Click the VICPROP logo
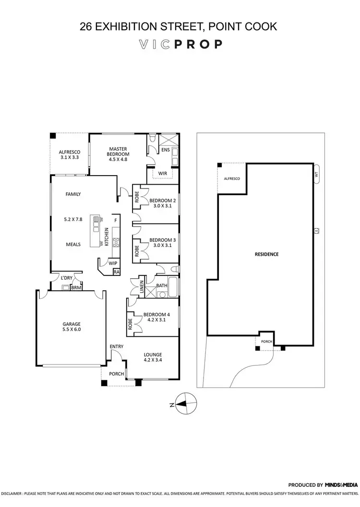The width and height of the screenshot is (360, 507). pyautogui.click(x=180, y=45)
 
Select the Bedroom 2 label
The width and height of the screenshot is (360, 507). pyautogui.click(x=159, y=200)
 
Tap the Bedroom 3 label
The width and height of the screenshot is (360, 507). pyautogui.click(x=159, y=240)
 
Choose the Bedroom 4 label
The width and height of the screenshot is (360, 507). pyautogui.click(x=151, y=315)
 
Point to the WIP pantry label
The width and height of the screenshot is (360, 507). pyautogui.click(x=113, y=263)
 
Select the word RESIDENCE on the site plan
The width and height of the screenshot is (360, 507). pyautogui.click(x=266, y=254)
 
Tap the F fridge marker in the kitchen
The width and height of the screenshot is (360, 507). pyautogui.click(x=115, y=220)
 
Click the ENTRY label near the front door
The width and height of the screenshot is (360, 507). pyautogui.click(x=116, y=346)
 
